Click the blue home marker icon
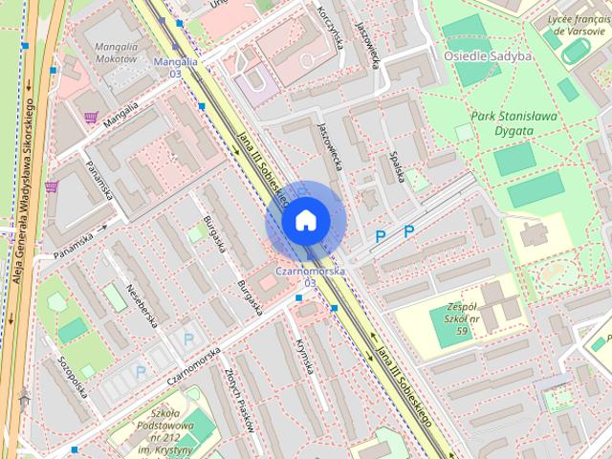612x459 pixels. [x=305, y=221]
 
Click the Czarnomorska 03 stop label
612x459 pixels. [x=309, y=276]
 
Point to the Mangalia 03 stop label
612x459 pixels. [x=175, y=67]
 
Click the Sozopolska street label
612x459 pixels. [x=73, y=376]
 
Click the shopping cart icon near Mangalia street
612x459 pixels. [x=91, y=117]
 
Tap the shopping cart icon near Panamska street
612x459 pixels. [x=51, y=186]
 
